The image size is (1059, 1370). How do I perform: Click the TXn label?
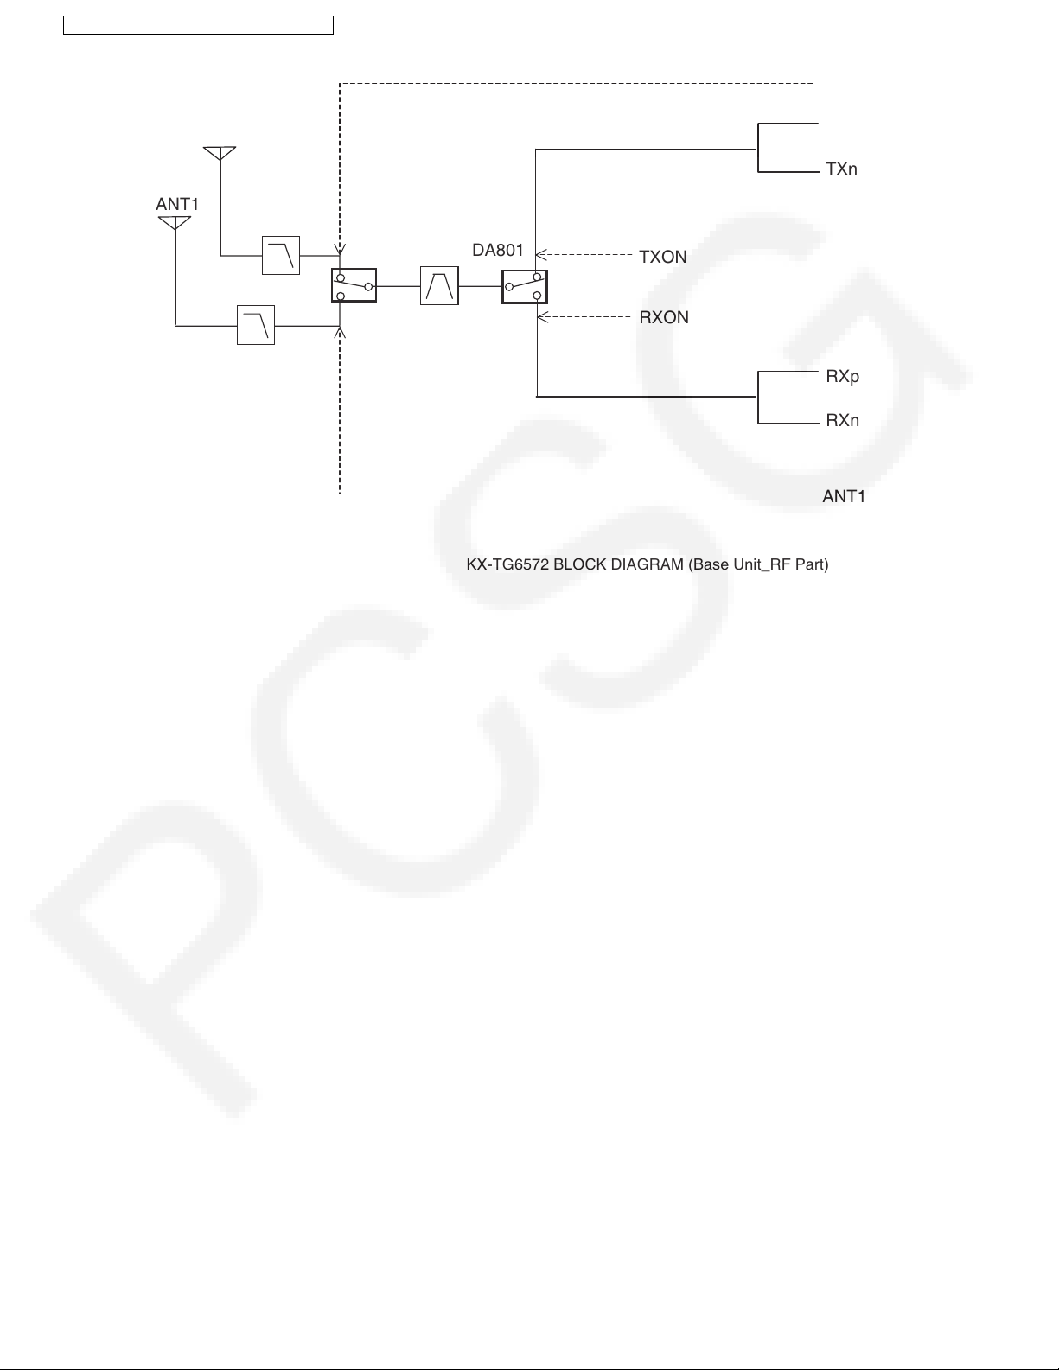click(x=841, y=169)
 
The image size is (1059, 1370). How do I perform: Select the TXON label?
click(x=663, y=257)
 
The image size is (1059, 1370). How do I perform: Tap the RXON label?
click(x=664, y=317)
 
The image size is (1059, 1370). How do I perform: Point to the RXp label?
click(x=843, y=376)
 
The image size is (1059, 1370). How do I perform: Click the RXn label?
click(x=843, y=420)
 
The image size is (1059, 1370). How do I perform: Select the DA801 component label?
click(x=498, y=251)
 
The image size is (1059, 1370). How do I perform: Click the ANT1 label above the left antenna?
click(x=177, y=204)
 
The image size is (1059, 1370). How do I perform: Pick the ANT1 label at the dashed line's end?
click(x=844, y=496)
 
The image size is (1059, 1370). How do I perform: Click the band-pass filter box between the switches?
click(x=439, y=285)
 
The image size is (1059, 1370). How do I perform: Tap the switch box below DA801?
click(x=525, y=287)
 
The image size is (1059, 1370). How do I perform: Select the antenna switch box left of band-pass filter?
click(x=354, y=285)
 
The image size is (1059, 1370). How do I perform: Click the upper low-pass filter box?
click(x=280, y=255)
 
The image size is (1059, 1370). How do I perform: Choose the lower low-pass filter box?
click(x=255, y=325)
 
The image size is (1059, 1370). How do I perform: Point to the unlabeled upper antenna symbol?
click(x=220, y=153)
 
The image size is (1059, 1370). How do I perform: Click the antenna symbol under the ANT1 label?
click(x=175, y=223)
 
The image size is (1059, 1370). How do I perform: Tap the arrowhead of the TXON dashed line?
click(x=540, y=255)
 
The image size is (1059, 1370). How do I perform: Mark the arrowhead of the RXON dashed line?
click(x=542, y=317)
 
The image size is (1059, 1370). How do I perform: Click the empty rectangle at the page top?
click(x=199, y=25)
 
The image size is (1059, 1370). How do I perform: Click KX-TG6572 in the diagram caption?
click(x=507, y=564)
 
